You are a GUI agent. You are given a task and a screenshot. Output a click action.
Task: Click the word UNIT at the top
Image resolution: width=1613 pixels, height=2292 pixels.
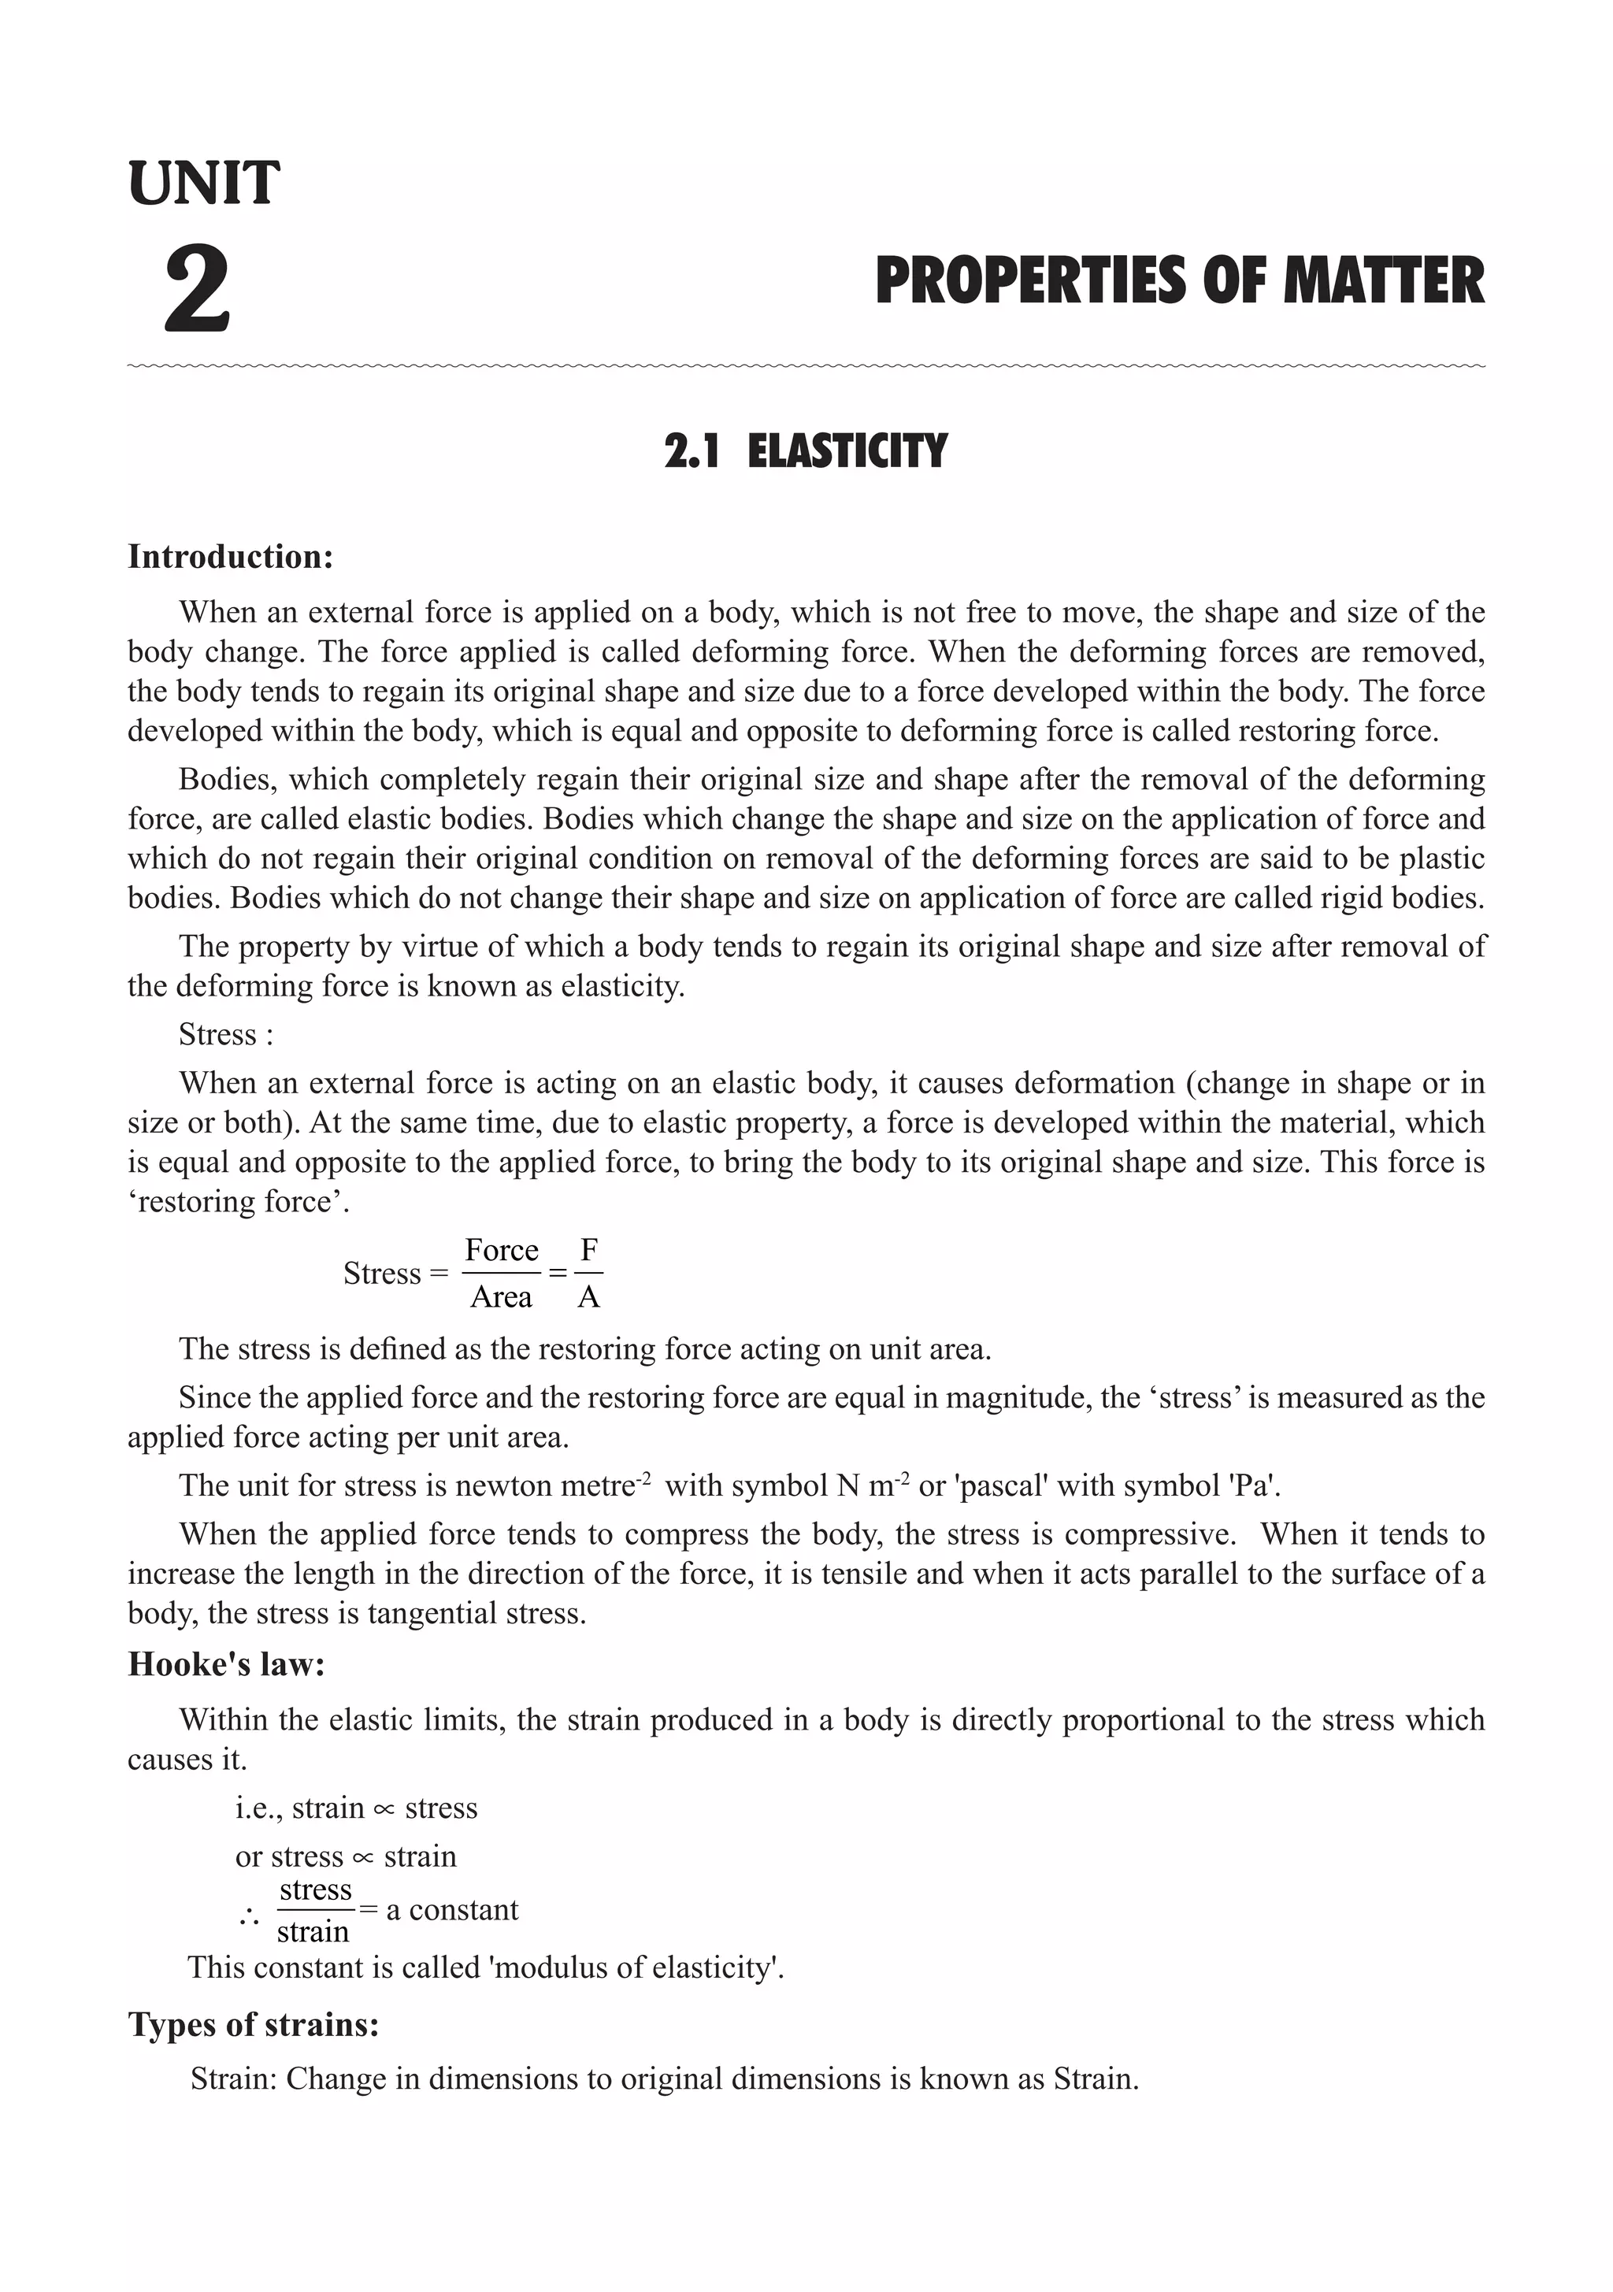[x=204, y=184]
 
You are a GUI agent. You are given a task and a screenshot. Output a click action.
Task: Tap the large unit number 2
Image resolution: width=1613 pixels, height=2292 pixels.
[x=198, y=291]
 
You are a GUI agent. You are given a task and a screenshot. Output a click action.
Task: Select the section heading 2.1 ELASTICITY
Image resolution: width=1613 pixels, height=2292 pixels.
[x=806, y=451]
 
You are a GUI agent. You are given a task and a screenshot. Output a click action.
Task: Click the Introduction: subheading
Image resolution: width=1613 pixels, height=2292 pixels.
[x=231, y=557]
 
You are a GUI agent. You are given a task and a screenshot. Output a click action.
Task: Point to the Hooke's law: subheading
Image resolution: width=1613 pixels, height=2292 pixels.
[x=227, y=1664]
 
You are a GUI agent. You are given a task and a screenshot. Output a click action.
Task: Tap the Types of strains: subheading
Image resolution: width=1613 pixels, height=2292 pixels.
[x=254, y=2024]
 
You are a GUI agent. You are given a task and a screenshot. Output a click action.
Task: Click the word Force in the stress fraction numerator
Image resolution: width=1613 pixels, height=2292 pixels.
[x=501, y=1250]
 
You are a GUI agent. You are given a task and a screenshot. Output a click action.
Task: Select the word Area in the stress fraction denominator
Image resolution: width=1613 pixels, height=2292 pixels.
[x=501, y=1296]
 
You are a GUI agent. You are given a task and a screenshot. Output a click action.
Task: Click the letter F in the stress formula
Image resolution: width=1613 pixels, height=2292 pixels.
[x=589, y=1250]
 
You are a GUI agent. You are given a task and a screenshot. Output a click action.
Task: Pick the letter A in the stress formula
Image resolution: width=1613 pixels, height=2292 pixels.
[x=589, y=1296]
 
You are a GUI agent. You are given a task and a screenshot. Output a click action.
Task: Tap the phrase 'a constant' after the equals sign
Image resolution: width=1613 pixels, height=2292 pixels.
[x=452, y=1910]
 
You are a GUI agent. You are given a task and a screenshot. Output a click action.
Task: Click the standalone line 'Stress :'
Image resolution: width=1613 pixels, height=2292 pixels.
[x=225, y=1034]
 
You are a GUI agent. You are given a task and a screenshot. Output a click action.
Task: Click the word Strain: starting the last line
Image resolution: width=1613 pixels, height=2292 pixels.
[x=234, y=2079]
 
